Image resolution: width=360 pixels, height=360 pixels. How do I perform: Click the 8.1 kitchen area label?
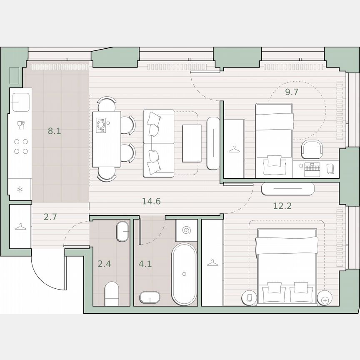click(54, 131)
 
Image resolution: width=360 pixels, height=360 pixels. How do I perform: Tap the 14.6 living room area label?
click(151, 202)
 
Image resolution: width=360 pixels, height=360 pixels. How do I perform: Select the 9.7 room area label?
click(292, 92)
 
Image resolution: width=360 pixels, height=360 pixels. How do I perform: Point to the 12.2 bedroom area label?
click(282, 205)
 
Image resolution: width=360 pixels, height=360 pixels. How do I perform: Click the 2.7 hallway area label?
click(50, 217)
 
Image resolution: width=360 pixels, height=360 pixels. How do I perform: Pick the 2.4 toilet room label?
click(104, 263)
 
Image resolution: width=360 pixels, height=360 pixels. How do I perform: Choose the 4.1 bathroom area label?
click(146, 263)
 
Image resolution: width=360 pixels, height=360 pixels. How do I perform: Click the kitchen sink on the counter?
click(21, 102)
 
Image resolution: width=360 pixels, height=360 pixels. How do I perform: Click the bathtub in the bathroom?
click(184, 274)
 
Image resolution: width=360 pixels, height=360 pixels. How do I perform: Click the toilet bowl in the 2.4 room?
click(112, 292)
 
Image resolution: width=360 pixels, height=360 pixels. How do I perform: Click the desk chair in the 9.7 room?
click(311, 149)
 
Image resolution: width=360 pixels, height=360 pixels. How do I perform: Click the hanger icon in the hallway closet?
click(20, 227)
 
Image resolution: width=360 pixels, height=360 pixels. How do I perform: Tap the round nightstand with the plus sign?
click(325, 298)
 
